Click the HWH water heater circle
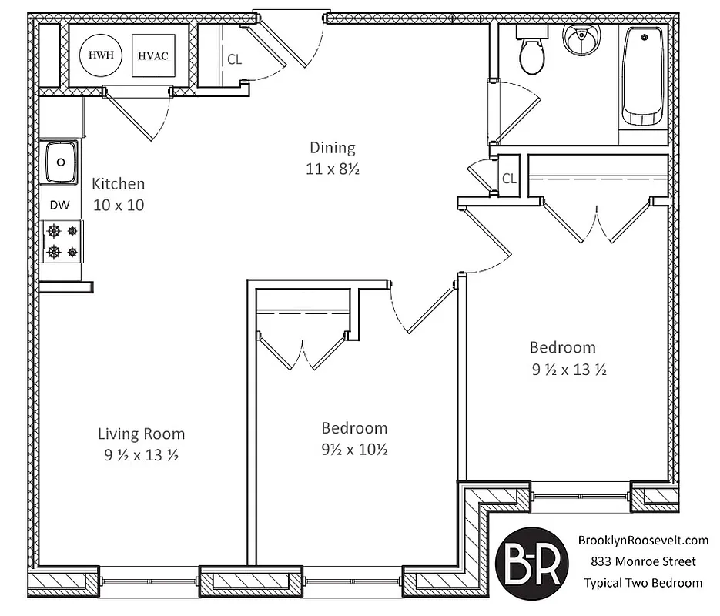(x=99, y=55)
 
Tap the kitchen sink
(x=60, y=162)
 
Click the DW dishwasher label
(x=60, y=206)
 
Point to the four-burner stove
(x=62, y=241)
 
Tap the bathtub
(x=643, y=77)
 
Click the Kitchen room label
(x=118, y=184)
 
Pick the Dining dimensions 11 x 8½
(x=333, y=169)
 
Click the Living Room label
(x=141, y=434)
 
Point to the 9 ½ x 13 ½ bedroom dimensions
(x=569, y=370)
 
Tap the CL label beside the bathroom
(x=509, y=179)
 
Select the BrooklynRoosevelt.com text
(x=643, y=541)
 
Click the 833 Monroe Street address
(x=643, y=561)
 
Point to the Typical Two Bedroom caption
(x=643, y=583)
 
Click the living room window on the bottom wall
(x=149, y=581)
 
